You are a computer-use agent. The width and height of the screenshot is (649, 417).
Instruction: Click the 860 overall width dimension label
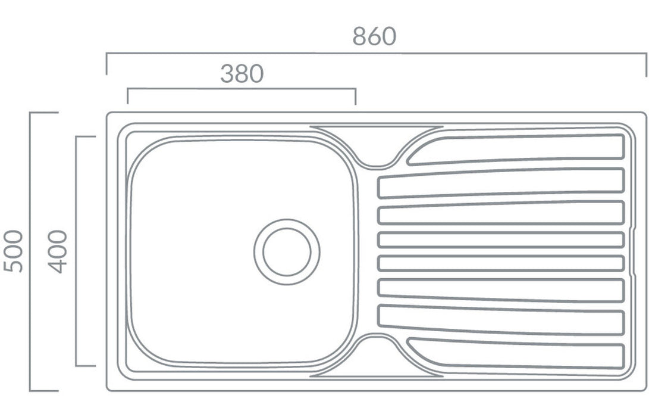tap(374, 36)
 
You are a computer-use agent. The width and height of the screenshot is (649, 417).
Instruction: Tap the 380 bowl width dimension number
tap(242, 74)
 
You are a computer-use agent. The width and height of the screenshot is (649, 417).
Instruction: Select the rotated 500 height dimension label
tap(13, 251)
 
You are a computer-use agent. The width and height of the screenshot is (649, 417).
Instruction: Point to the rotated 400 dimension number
tap(58, 251)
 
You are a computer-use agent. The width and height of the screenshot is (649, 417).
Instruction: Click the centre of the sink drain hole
tap(287, 252)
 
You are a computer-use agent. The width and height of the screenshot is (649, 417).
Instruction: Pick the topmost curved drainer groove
tap(515, 149)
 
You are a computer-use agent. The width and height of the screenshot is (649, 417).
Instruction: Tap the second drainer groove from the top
tap(501, 183)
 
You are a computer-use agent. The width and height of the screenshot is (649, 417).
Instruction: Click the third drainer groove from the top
tap(501, 213)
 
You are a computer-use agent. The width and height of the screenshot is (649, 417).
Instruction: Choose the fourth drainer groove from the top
tap(501, 240)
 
